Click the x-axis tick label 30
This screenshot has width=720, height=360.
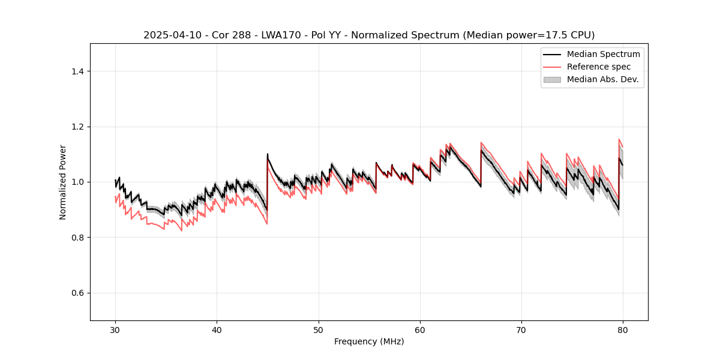pos(115,330)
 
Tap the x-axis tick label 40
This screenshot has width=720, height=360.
pos(217,330)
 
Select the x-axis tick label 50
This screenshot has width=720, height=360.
pos(318,330)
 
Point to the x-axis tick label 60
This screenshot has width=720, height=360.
pos(420,330)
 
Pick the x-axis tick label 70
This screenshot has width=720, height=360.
pos(521,330)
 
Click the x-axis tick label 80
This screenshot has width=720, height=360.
pos(623,330)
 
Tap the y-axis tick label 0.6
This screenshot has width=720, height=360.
pos(77,293)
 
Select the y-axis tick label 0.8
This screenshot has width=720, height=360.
pos(77,238)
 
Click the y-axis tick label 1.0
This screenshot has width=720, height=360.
pos(77,182)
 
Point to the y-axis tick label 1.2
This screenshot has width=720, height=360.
pos(77,127)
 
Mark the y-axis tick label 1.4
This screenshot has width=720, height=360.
pos(77,71)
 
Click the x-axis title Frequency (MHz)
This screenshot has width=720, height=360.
pos(369,342)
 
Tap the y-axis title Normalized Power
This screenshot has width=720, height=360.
pos(63,182)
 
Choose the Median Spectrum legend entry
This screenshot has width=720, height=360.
pos(603,54)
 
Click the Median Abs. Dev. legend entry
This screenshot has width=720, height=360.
pos(602,79)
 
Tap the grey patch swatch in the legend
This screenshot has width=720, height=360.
pos(552,79)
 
